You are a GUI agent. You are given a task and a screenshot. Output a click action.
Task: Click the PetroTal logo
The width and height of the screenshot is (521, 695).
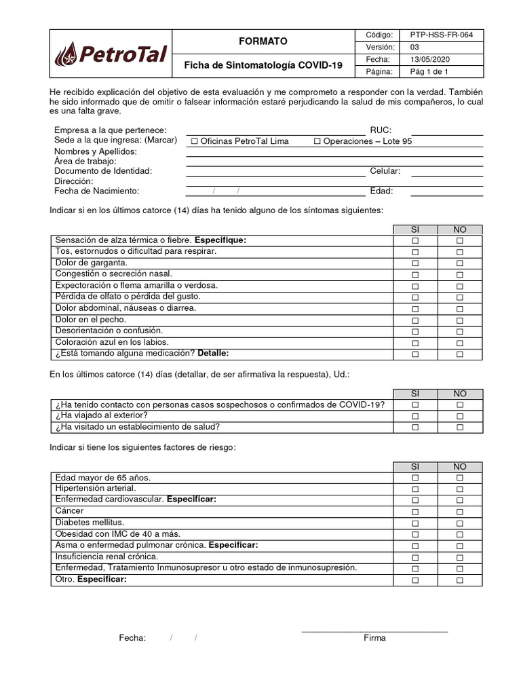[x=110, y=53]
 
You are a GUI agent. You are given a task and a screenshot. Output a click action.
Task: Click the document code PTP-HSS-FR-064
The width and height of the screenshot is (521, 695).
[x=442, y=35]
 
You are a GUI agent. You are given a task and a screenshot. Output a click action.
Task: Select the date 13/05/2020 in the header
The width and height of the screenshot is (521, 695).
[x=429, y=59]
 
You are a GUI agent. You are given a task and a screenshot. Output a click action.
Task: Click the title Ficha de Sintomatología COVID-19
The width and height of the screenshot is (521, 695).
[x=263, y=65]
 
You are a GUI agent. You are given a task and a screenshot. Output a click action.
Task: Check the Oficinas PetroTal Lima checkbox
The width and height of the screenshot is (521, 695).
[x=195, y=141]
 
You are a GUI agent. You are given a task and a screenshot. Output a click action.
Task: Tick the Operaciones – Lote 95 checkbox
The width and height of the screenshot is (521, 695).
[x=317, y=141]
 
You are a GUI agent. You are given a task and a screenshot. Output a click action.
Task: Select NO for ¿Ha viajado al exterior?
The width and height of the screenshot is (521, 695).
[x=459, y=416]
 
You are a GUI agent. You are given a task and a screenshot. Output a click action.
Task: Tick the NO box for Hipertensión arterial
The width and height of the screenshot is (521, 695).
[x=459, y=489]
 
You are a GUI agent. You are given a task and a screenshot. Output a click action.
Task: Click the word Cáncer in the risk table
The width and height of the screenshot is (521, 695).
[x=70, y=511]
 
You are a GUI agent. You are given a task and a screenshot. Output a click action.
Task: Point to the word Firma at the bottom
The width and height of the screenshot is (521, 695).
[x=374, y=638]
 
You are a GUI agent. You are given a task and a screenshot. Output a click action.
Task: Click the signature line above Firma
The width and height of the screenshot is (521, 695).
[x=374, y=631]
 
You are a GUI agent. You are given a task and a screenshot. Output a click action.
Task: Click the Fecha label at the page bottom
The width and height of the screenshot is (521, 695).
[x=132, y=638]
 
